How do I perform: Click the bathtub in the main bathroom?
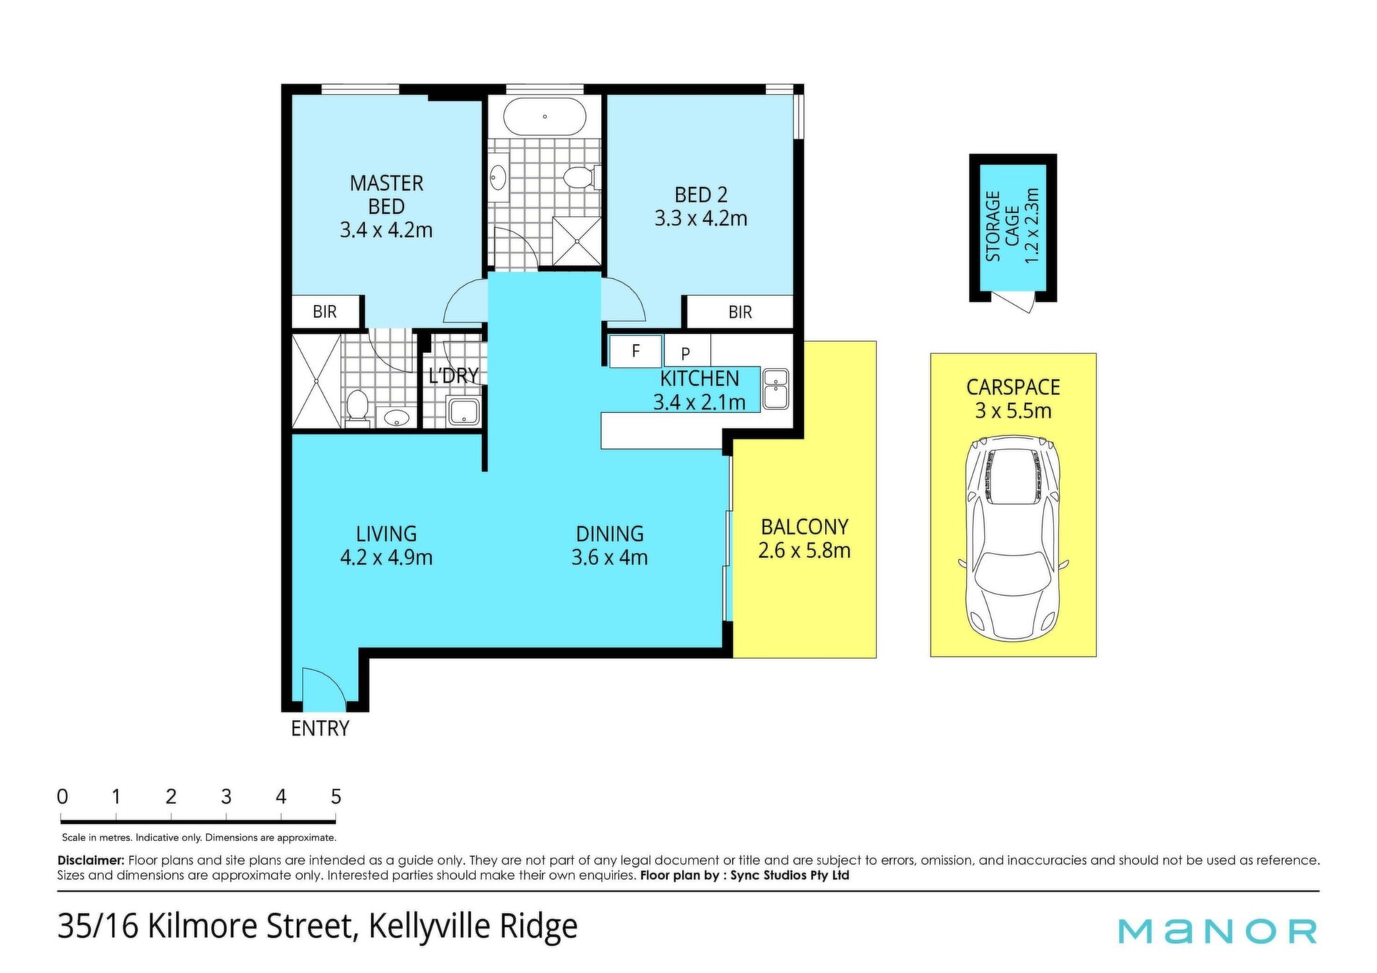[544, 116]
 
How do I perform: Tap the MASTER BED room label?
[387, 194]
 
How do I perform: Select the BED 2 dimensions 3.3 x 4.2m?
[701, 218]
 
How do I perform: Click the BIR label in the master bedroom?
[325, 311]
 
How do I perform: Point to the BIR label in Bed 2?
[740, 312]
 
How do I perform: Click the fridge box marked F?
[636, 351]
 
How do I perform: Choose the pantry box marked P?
[686, 351]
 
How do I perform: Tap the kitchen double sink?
[776, 389]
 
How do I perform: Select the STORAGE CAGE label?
[1002, 226]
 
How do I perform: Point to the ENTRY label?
[320, 728]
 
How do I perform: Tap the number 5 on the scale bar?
[336, 797]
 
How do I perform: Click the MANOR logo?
[1218, 931]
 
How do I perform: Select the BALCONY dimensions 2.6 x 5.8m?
[805, 551]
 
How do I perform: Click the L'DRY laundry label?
[453, 375]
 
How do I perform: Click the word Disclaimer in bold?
[91, 860]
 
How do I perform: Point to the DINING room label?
[610, 533]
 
